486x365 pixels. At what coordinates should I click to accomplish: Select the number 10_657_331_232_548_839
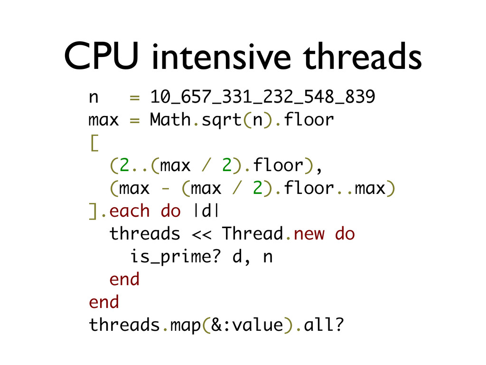click(262, 97)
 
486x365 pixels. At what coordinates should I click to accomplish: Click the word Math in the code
click(170, 120)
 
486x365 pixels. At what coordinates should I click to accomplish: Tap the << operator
click(201, 234)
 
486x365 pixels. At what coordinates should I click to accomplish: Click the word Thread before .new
click(252, 234)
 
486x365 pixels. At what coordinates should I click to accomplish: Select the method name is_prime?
click(176, 257)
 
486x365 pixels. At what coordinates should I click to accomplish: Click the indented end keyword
click(124, 279)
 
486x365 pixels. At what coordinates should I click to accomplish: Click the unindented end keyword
click(103, 302)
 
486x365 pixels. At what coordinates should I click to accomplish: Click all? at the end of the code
click(323, 326)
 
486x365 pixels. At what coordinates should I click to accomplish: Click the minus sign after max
click(165, 189)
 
